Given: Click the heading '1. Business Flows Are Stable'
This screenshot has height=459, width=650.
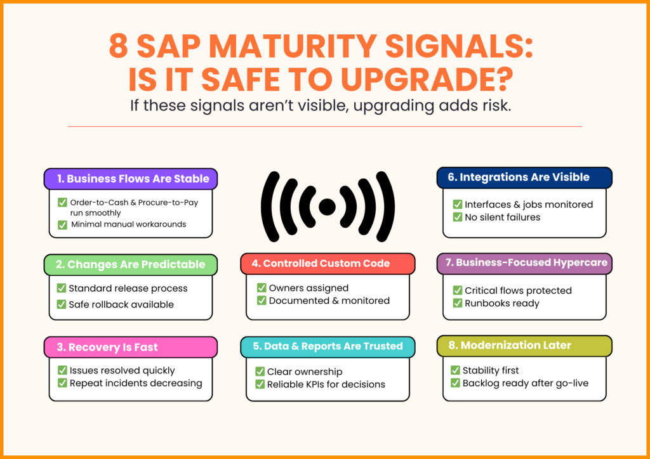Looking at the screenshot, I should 131,179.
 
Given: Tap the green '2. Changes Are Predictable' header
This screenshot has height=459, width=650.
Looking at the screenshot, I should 131,264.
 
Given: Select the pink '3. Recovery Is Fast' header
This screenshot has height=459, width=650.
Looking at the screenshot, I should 131,347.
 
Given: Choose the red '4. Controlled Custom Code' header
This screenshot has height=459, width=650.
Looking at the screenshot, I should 327,264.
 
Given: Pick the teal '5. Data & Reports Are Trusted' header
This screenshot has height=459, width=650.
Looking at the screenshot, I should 327,346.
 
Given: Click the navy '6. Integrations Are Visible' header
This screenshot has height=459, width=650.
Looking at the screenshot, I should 524,178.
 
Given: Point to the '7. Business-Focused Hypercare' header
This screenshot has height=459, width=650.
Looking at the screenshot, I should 524,263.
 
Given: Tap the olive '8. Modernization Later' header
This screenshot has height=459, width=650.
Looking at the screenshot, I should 524,346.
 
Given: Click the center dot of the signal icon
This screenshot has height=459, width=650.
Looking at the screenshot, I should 328,207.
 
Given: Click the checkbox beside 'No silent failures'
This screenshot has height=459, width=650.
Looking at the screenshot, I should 457,217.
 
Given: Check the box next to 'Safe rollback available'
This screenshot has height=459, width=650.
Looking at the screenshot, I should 62,304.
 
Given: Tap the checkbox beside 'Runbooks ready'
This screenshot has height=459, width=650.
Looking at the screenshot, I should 457,303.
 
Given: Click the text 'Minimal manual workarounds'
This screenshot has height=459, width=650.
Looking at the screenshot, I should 128,224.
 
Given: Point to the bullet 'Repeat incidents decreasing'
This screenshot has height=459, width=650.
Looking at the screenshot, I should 136,383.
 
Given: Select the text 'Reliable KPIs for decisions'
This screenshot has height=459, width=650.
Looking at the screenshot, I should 326,384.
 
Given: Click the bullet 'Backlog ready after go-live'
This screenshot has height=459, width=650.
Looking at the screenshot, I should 525,383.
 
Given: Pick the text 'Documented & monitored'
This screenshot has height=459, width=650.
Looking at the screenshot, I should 329,301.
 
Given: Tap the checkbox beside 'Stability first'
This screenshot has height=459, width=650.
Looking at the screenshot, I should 456,370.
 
